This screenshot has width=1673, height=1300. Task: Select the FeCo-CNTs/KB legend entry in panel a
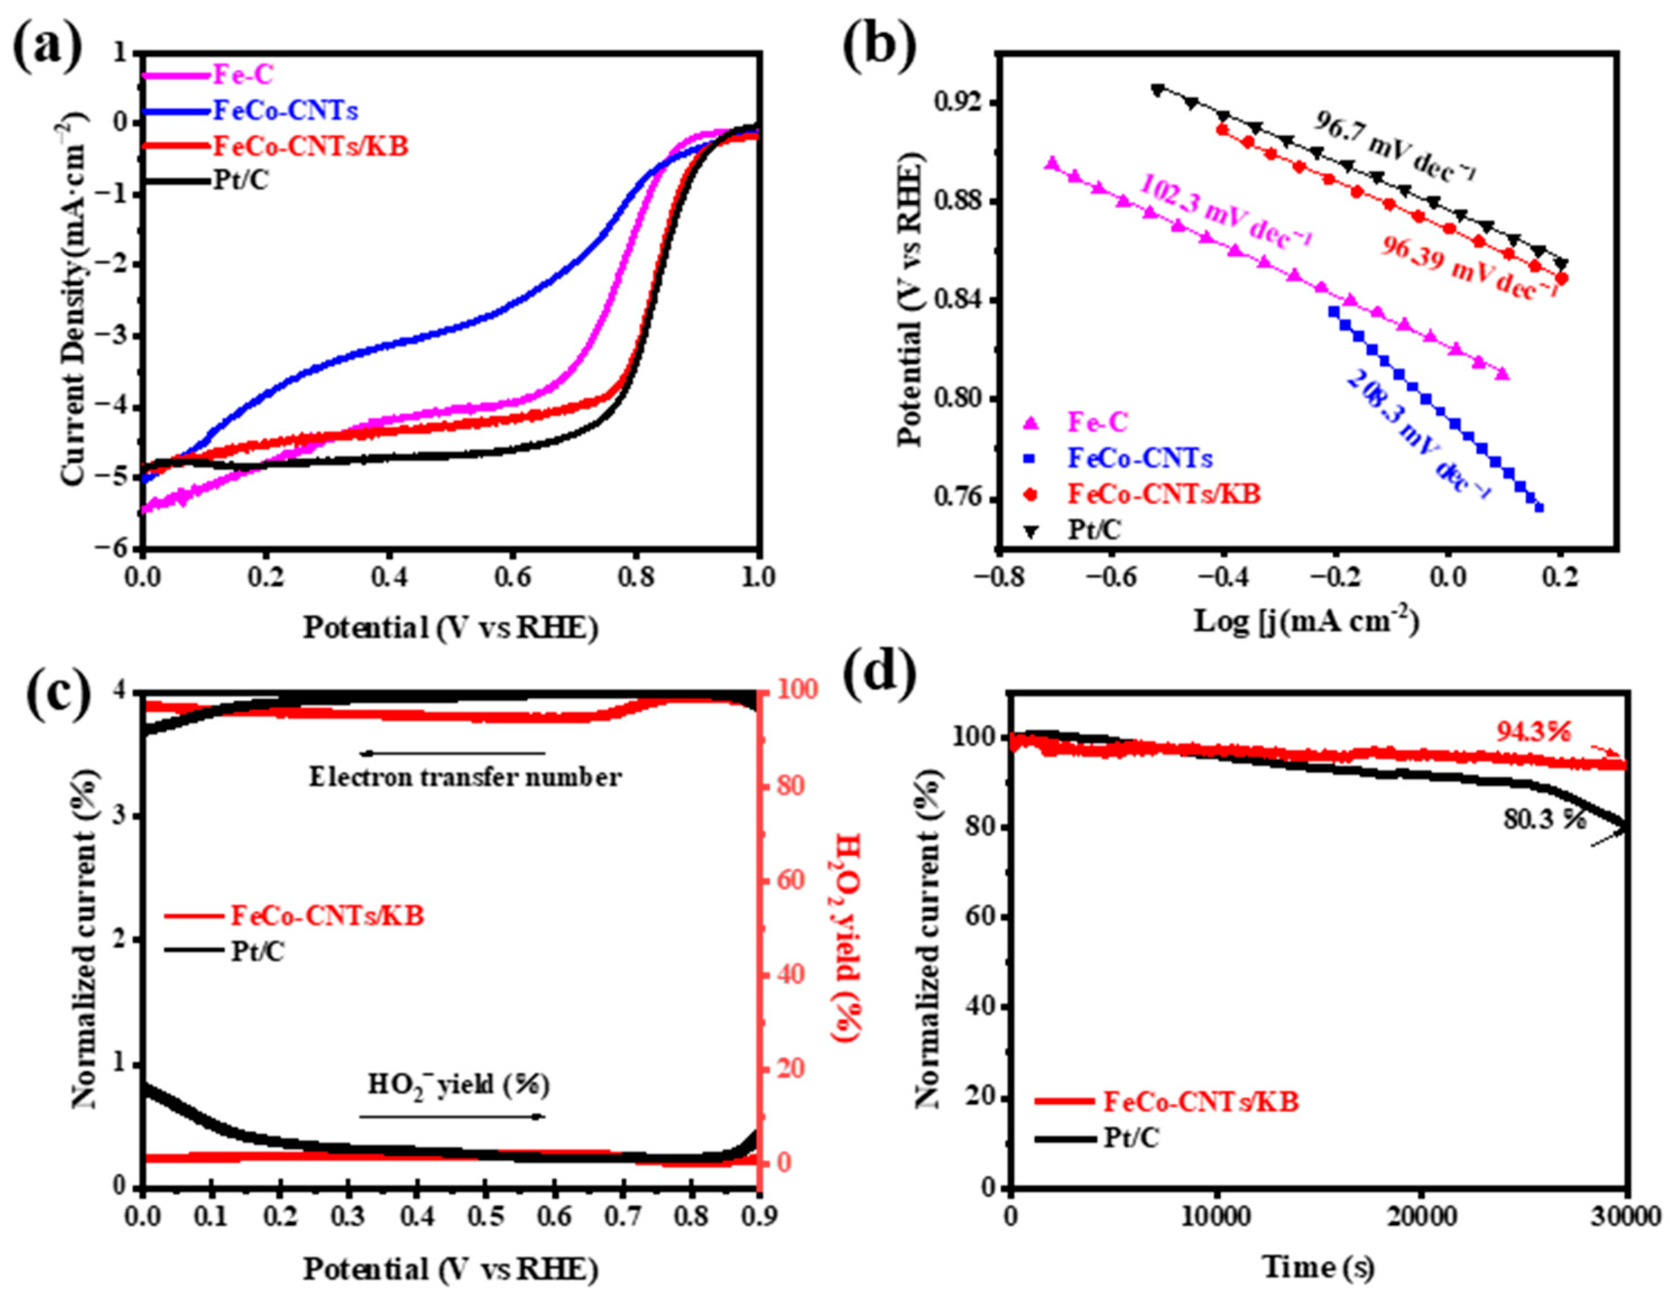tap(310, 146)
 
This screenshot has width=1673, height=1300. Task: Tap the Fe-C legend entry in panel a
tap(243, 75)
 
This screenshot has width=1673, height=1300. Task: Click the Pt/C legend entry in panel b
tap(1094, 529)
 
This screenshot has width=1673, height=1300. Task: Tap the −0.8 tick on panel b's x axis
tap(993, 578)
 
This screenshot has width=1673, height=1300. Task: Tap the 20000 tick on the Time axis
tap(1420, 1216)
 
